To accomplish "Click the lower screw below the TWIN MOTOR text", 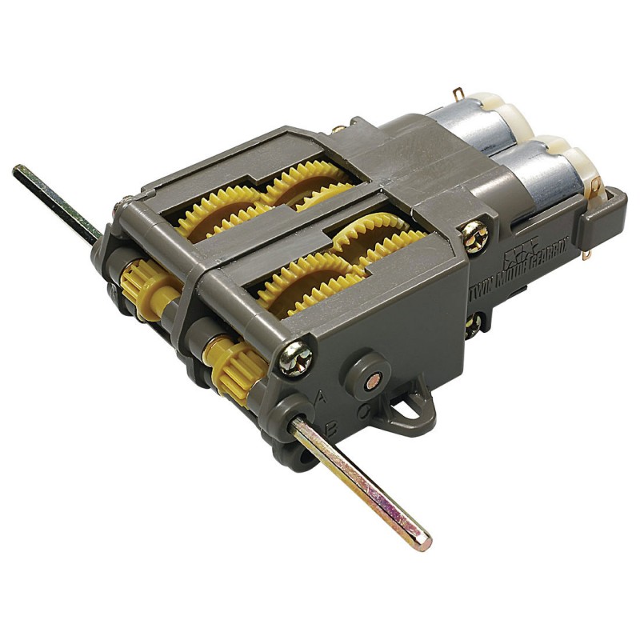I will [x=474, y=324].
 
